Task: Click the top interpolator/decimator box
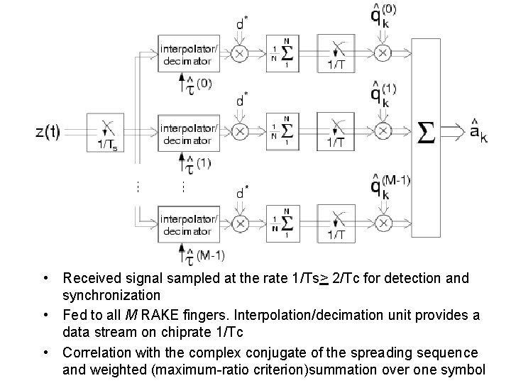click(x=185, y=54)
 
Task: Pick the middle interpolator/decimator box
click(x=185, y=133)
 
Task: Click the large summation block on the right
click(x=426, y=132)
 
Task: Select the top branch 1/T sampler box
click(x=336, y=54)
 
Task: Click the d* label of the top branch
click(x=242, y=25)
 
